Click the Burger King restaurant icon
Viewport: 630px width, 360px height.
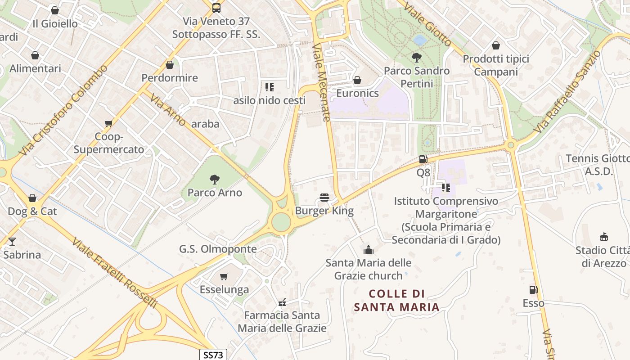tap(324, 198)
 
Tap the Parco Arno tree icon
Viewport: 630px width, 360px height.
tap(215, 180)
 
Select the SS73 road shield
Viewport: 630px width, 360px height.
tap(213, 355)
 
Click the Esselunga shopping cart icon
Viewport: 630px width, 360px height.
tap(224, 276)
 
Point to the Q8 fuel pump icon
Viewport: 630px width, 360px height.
tap(423, 159)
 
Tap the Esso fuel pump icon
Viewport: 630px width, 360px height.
tap(534, 290)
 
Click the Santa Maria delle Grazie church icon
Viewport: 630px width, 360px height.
tap(369, 249)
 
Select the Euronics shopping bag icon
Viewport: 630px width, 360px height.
tap(357, 80)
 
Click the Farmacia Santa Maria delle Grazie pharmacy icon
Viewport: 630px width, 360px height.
tap(282, 302)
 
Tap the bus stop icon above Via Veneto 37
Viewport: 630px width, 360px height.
tap(216, 8)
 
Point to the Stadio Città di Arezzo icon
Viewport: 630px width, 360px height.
tap(604, 237)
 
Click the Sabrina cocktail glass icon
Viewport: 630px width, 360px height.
tap(12, 242)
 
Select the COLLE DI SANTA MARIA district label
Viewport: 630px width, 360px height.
tap(396, 301)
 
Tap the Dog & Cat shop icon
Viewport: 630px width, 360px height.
tap(32, 198)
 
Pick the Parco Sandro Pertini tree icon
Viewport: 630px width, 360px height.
tap(417, 58)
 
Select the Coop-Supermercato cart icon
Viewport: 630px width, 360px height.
tap(108, 123)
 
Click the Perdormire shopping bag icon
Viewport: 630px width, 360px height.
tap(170, 65)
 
